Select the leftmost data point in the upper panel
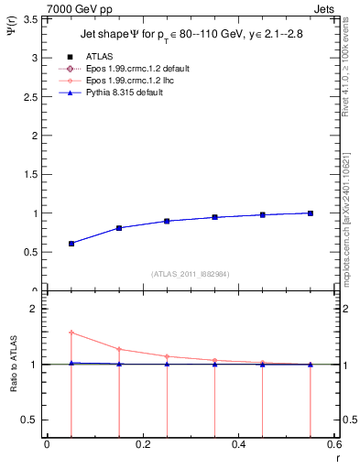tap(71, 244)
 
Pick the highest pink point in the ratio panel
tap(71, 333)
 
